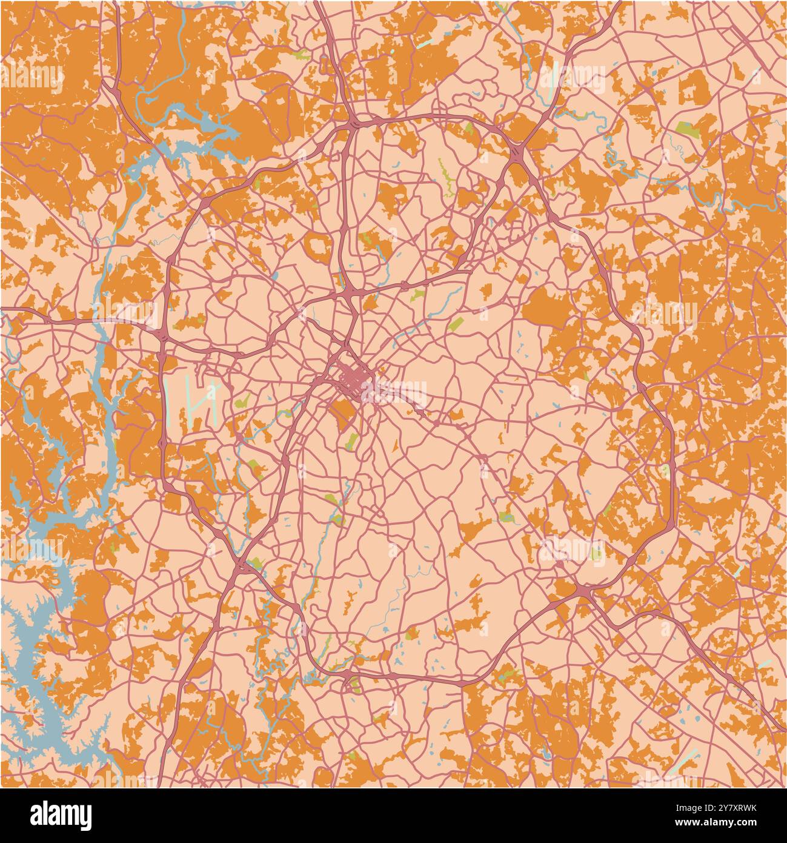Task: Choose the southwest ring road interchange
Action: tap(241, 565)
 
